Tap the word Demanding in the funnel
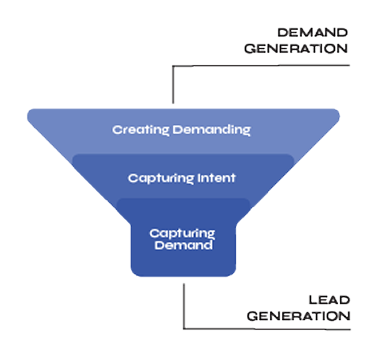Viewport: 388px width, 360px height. coord(212,130)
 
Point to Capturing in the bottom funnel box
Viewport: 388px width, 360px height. coord(182,233)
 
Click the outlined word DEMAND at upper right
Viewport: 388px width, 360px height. coord(312,32)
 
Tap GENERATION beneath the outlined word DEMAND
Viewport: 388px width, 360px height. coord(296,48)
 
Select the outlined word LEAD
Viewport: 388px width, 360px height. coord(329,300)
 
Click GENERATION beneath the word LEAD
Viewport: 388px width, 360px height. coord(298,316)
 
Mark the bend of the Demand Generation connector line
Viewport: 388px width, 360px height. coord(173,66)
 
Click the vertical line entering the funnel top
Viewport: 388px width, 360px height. coord(173,88)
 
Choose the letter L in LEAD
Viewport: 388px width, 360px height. coord(312,300)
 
